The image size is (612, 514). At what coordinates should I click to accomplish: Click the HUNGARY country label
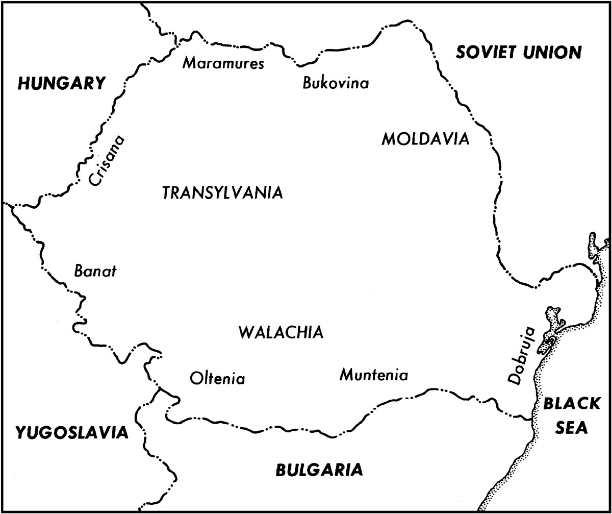click(x=62, y=83)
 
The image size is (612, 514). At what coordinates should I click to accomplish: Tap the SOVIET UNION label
click(x=518, y=52)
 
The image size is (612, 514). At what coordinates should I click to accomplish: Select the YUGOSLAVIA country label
click(x=71, y=432)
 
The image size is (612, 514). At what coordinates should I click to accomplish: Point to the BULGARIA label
click(x=319, y=470)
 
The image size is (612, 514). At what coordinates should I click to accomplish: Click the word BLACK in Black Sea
click(x=571, y=404)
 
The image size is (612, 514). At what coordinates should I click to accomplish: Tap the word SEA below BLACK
click(x=571, y=428)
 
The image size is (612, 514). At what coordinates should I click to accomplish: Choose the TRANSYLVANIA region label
click(x=222, y=193)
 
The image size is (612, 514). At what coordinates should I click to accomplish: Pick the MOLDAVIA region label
click(x=425, y=139)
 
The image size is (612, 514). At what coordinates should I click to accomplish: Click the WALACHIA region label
click(x=281, y=332)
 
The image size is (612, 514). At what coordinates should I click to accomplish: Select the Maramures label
click(x=224, y=64)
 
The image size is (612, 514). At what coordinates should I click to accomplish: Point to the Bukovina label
click(x=335, y=83)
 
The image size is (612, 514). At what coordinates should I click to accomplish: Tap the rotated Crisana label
click(x=106, y=160)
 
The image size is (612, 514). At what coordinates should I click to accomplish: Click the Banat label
click(x=95, y=271)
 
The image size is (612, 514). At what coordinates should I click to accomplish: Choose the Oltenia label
click(x=217, y=379)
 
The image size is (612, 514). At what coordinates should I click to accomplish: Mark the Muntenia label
click(x=374, y=376)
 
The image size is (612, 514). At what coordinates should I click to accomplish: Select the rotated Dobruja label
click(x=522, y=355)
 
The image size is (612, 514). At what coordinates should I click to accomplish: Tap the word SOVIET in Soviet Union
click(x=484, y=52)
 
